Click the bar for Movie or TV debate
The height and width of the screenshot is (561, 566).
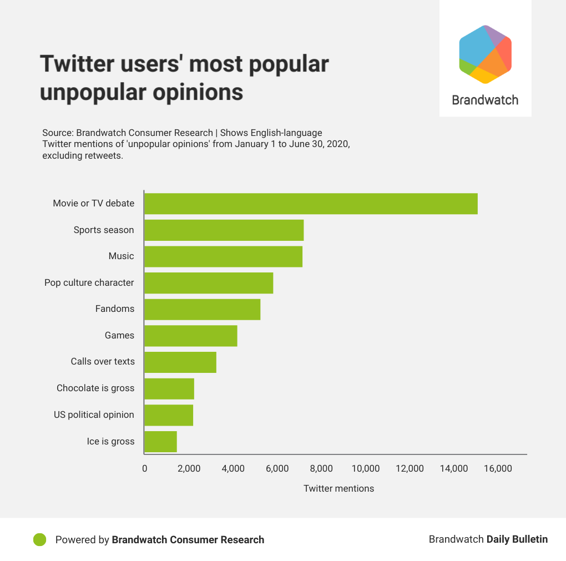[311, 204]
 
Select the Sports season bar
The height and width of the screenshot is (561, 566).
[224, 230]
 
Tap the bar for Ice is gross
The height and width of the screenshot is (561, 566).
[160, 442]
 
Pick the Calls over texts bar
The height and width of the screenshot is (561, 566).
[180, 362]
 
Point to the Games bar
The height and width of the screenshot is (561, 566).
[191, 336]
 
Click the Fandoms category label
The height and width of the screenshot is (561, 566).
[115, 309]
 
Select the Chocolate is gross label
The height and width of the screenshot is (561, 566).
[95, 388]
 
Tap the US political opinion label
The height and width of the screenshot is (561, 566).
[94, 415]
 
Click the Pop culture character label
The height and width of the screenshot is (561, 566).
[89, 282]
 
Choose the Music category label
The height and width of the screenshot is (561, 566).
[121, 256]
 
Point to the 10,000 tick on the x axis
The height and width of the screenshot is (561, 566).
[366, 468]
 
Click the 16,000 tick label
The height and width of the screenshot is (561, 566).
[498, 468]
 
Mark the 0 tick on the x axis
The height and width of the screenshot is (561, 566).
[145, 468]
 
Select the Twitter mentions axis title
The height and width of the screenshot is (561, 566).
[338, 488]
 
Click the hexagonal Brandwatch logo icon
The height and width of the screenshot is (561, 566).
[486, 54]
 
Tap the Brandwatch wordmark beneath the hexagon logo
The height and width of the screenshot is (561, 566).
[485, 100]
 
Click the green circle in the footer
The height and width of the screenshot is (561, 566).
[40, 539]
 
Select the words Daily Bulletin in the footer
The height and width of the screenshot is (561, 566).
[517, 539]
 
